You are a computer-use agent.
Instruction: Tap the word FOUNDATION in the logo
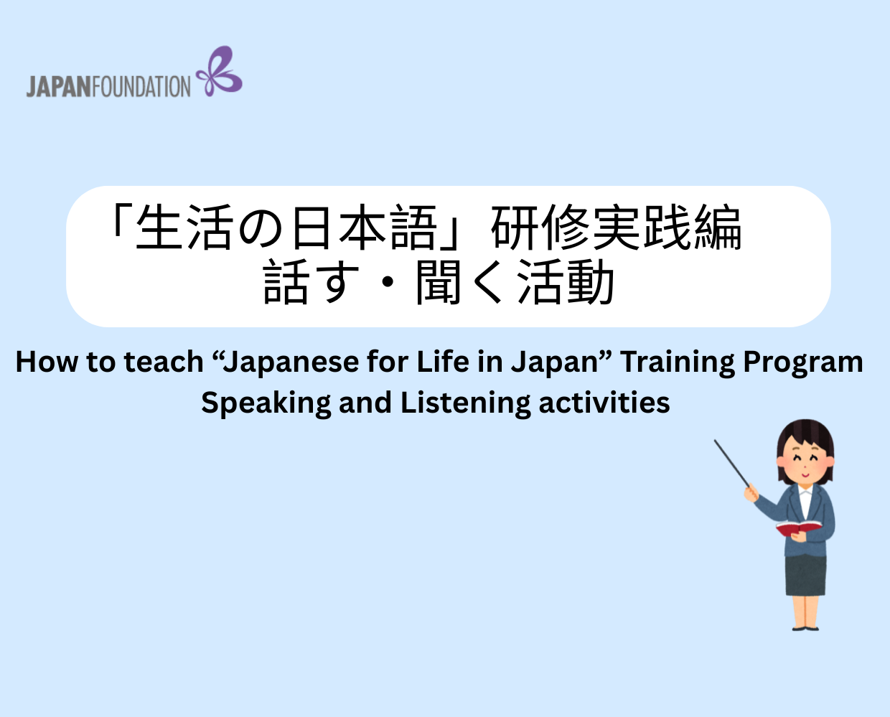click(141, 87)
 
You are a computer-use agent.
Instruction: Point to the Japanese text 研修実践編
click(617, 228)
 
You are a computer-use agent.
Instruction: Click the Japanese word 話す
click(310, 283)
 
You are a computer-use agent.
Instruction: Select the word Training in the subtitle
click(678, 362)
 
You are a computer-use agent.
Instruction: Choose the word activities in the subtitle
click(604, 403)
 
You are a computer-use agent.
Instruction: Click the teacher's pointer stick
click(731, 463)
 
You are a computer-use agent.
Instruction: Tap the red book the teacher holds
click(797, 529)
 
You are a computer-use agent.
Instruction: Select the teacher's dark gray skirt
click(805, 574)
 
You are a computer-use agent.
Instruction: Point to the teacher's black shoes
click(805, 628)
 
